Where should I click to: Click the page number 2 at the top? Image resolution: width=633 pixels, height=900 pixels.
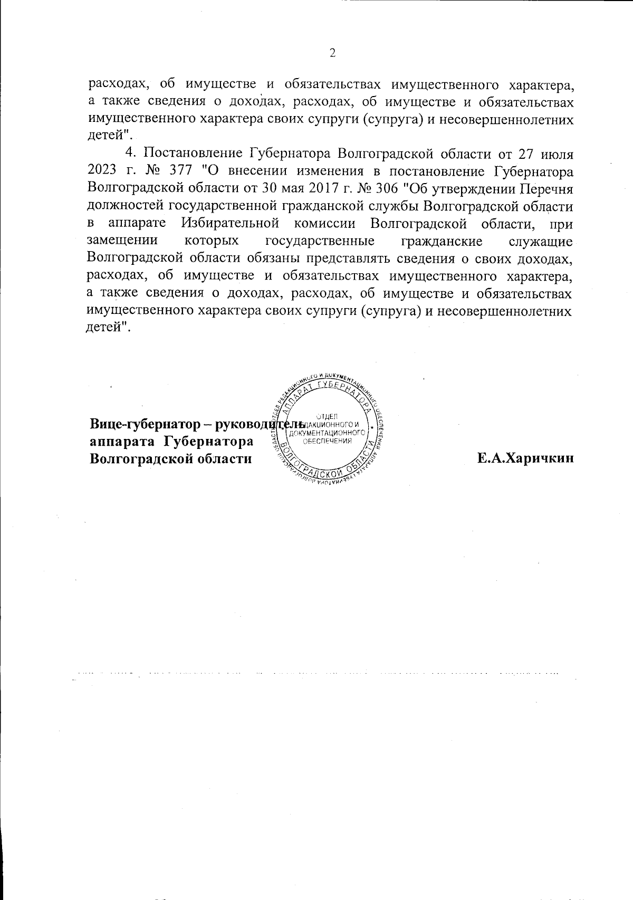point(332,53)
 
